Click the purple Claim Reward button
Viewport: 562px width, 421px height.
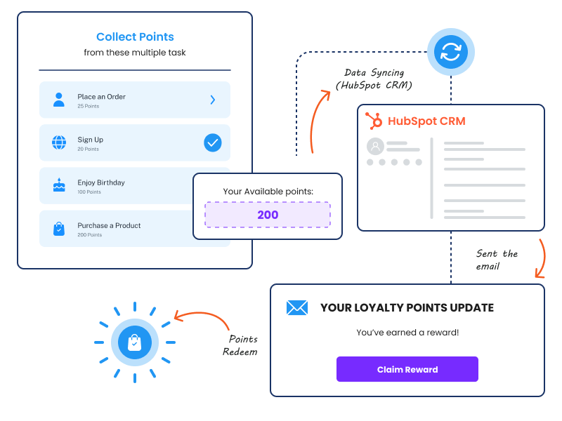tap(407, 369)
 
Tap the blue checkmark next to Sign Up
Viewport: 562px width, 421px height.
tap(213, 143)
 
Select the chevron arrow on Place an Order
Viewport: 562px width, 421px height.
tap(213, 100)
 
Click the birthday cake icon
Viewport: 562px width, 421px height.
tap(59, 185)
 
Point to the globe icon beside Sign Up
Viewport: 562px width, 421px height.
tap(59, 142)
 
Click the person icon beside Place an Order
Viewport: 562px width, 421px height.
tap(59, 100)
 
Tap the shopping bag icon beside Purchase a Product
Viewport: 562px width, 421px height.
tap(59, 229)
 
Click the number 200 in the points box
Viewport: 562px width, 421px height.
tap(268, 215)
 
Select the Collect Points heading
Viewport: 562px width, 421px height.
tap(135, 36)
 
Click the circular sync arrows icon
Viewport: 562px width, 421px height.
tap(451, 52)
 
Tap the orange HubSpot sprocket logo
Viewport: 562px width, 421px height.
tap(374, 120)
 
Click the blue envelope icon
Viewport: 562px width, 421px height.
tap(297, 308)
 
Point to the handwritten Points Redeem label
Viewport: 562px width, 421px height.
tap(240, 345)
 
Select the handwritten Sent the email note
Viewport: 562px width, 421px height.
tap(497, 260)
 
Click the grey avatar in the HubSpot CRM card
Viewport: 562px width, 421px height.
tap(375, 146)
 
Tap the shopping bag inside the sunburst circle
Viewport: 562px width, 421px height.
tap(135, 342)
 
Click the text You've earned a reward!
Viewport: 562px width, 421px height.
tap(407, 333)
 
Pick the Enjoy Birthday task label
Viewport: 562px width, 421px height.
tap(101, 182)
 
